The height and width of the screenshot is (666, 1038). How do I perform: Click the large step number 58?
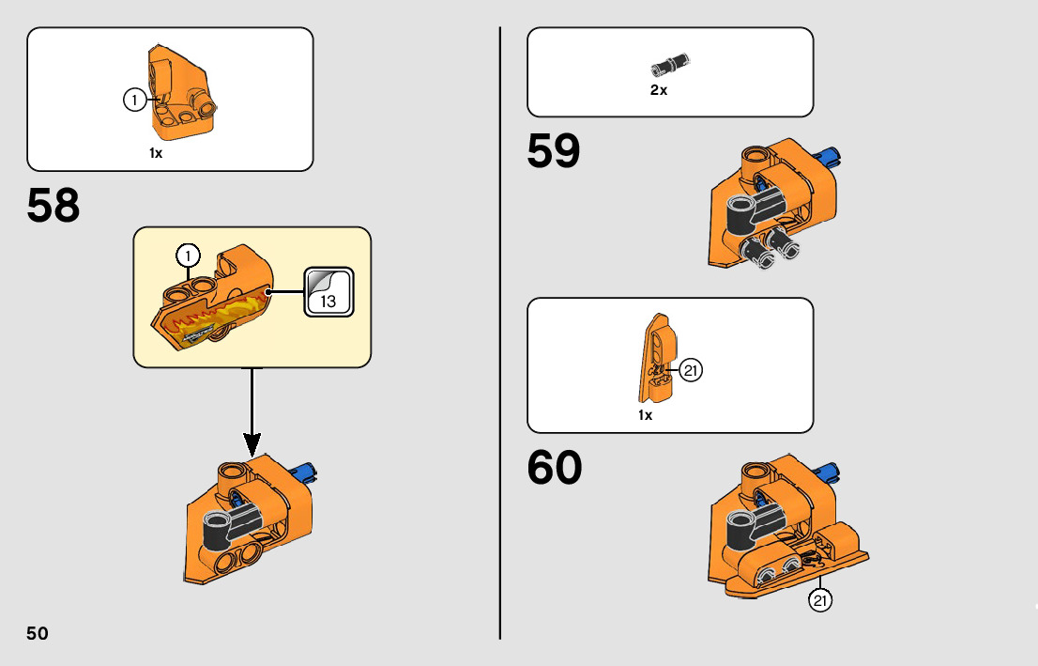(x=53, y=207)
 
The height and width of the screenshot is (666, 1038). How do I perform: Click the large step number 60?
(x=555, y=468)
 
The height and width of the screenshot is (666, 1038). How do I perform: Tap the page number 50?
(x=38, y=633)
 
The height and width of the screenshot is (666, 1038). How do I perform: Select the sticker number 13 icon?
(x=328, y=291)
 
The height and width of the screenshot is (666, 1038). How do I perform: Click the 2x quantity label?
(x=659, y=90)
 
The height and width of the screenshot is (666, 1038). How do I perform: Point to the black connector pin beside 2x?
(x=669, y=66)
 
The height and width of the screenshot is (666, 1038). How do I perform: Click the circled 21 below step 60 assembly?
(x=821, y=601)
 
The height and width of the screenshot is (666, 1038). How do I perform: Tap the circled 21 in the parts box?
(x=691, y=371)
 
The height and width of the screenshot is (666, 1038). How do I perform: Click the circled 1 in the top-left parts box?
(x=135, y=100)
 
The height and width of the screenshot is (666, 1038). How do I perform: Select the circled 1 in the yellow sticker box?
(x=188, y=256)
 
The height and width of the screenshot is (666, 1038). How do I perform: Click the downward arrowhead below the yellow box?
(x=252, y=443)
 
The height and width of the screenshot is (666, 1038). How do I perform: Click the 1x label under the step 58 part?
(x=156, y=152)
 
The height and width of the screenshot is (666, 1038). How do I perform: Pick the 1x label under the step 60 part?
(x=645, y=414)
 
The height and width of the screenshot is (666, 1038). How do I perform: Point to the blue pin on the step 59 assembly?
(x=832, y=155)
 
